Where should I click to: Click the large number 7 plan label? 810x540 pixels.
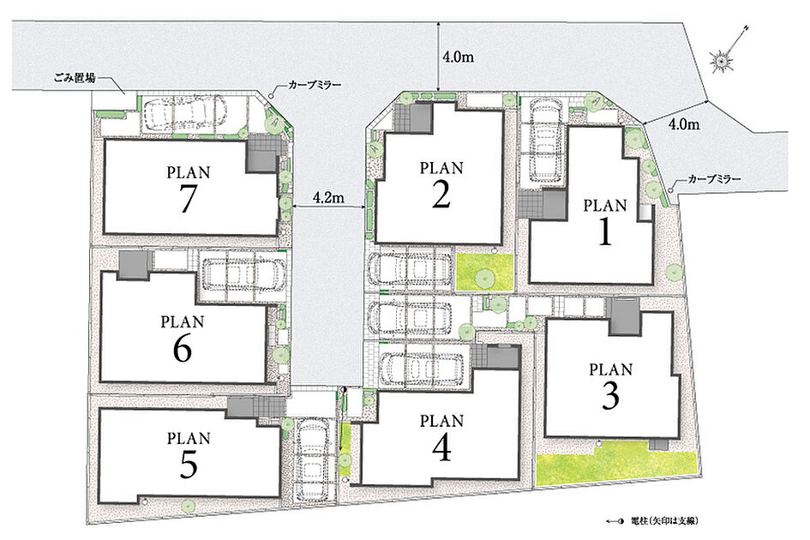click(x=188, y=199)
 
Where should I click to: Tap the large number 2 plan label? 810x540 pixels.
click(x=441, y=195)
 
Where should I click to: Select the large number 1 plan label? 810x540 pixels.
click(x=604, y=231)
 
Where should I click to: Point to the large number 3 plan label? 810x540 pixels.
click(x=610, y=396)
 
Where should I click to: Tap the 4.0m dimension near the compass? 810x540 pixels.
click(x=684, y=124)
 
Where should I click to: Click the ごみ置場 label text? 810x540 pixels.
click(x=75, y=79)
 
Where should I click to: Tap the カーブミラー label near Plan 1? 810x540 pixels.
click(x=715, y=179)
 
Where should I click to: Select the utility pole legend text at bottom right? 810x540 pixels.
click(x=668, y=521)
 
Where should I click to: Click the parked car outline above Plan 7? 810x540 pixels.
click(x=184, y=114)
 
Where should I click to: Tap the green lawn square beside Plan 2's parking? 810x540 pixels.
click(x=485, y=272)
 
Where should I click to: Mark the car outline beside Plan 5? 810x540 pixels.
click(x=310, y=459)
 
